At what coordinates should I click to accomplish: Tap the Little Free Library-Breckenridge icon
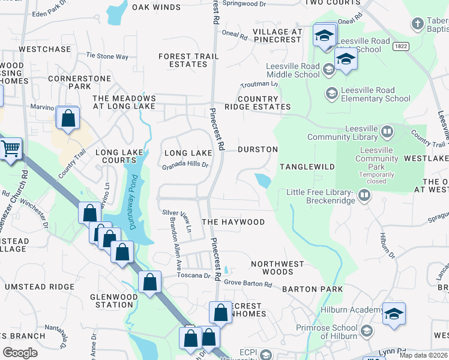click(364, 195)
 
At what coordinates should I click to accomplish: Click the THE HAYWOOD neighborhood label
click(233, 222)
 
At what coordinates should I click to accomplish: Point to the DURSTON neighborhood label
click(258, 149)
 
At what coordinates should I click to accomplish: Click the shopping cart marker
click(10, 148)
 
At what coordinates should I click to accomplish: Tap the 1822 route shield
click(402, 46)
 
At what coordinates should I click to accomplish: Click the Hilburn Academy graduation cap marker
click(394, 314)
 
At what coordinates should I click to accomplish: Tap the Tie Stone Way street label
click(107, 56)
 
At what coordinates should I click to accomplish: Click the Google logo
click(20, 353)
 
